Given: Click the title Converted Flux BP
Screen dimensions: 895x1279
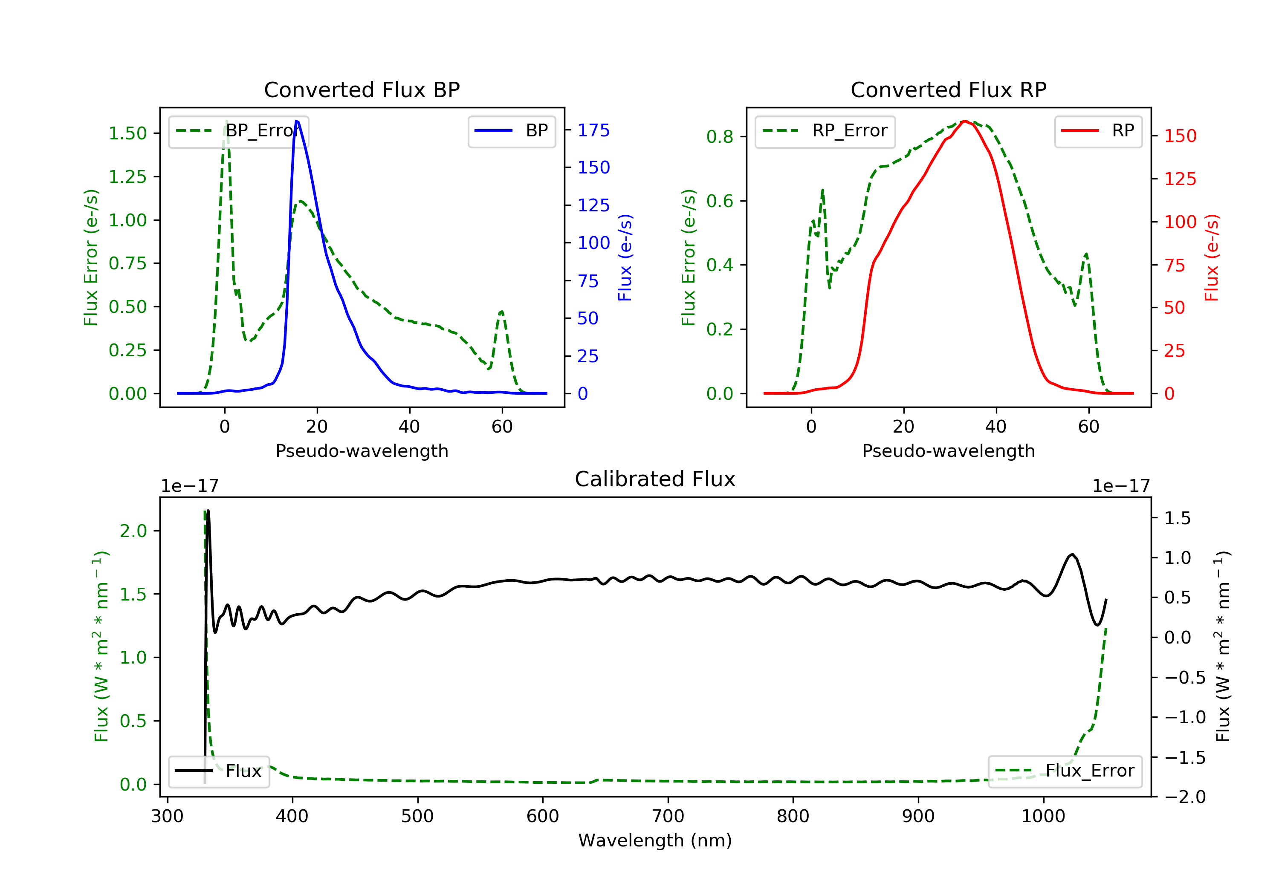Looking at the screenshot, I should pyautogui.click(x=362, y=89).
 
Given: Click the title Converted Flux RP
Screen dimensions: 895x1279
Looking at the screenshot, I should pyautogui.click(x=948, y=89).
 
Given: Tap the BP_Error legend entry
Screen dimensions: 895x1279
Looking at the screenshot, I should pyautogui.click(x=238, y=131).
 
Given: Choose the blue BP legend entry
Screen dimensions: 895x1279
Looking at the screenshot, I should pyautogui.click(x=511, y=131).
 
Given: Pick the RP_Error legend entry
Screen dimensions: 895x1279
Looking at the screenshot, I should pyautogui.click(x=825, y=131).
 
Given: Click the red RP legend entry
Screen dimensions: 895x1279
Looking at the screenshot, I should pyautogui.click(x=1098, y=131).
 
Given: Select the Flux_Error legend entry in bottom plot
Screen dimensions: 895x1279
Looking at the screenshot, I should pyautogui.click(x=1065, y=771).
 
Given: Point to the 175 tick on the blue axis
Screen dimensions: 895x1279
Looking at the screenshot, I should pyautogui.click(x=593, y=130).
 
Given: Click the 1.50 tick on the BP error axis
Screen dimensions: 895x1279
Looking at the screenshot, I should pyautogui.click(x=127, y=134).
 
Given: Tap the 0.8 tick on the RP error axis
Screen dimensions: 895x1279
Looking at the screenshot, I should pyautogui.click(x=720, y=137).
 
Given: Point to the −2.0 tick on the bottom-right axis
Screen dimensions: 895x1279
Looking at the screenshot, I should pyautogui.click(x=1184, y=797).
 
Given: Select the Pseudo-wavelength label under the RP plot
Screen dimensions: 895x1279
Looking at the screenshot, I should pyautogui.click(x=948, y=450).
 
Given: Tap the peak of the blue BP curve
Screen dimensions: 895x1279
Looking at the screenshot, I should pyautogui.click(x=297, y=121).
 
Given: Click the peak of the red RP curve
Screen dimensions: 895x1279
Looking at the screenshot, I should pyautogui.click(x=964, y=121).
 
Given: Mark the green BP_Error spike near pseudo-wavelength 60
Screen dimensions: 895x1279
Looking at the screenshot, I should pyautogui.click(x=502, y=312).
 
